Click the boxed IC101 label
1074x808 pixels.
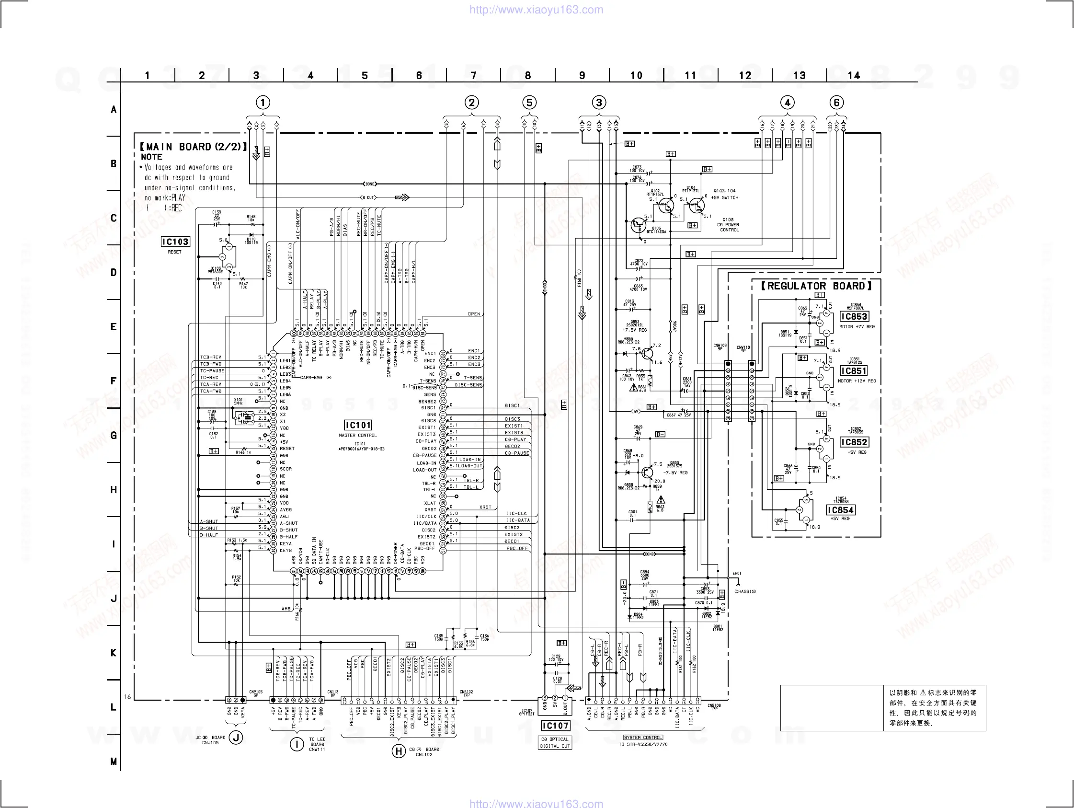pyautogui.click(x=358, y=425)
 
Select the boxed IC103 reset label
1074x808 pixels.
pyautogui.click(x=175, y=242)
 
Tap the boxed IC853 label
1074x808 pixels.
pyautogui.click(x=854, y=317)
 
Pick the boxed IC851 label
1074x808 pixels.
pyautogui.click(x=854, y=371)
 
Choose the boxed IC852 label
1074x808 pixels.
pyautogui.click(x=854, y=442)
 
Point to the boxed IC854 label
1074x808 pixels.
pyautogui.click(x=840, y=510)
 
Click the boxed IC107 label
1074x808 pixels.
pyautogui.click(x=555, y=726)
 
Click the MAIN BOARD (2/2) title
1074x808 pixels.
pyautogui.click(x=193, y=147)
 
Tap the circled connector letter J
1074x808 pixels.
pyautogui.click(x=236, y=738)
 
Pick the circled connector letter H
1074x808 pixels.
pyautogui.click(x=399, y=751)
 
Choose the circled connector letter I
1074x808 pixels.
pyautogui.click(x=297, y=744)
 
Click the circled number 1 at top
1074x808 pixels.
pyautogui.click(x=263, y=103)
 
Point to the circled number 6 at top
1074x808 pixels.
pyautogui.click(x=836, y=103)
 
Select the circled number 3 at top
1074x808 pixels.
pyautogui.click(x=599, y=103)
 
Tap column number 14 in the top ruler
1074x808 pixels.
pyautogui.click(x=854, y=75)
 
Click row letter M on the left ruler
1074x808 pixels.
pyautogui.click(x=114, y=762)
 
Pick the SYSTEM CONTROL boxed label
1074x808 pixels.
pyautogui.click(x=643, y=738)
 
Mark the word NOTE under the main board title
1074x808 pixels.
pyautogui.click(x=151, y=157)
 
